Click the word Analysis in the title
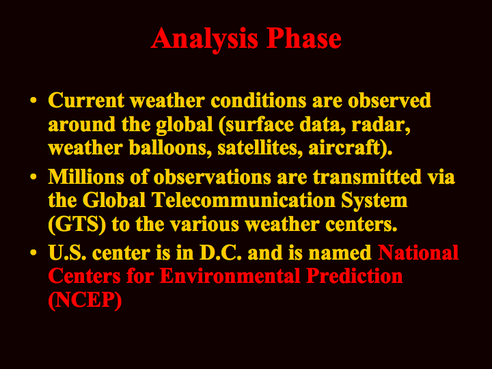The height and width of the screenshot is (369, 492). click(204, 40)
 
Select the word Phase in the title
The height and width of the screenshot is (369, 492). click(303, 38)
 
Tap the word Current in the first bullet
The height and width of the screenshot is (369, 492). click(86, 100)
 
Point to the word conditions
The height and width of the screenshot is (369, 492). click(258, 100)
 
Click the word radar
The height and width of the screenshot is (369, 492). click(381, 125)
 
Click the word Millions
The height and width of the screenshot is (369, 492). click(86, 177)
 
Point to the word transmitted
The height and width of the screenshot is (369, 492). click(367, 177)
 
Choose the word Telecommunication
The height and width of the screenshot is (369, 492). click(243, 200)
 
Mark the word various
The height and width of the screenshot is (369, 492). click(204, 225)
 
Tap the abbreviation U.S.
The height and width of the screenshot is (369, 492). click(67, 253)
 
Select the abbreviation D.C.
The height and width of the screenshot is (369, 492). click(221, 253)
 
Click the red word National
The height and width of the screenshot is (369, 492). click(418, 253)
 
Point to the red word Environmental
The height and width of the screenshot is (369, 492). click(230, 276)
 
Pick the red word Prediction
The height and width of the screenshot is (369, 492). click(355, 276)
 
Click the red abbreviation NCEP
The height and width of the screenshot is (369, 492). click(85, 300)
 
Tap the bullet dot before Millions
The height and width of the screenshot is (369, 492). click(33, 176)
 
